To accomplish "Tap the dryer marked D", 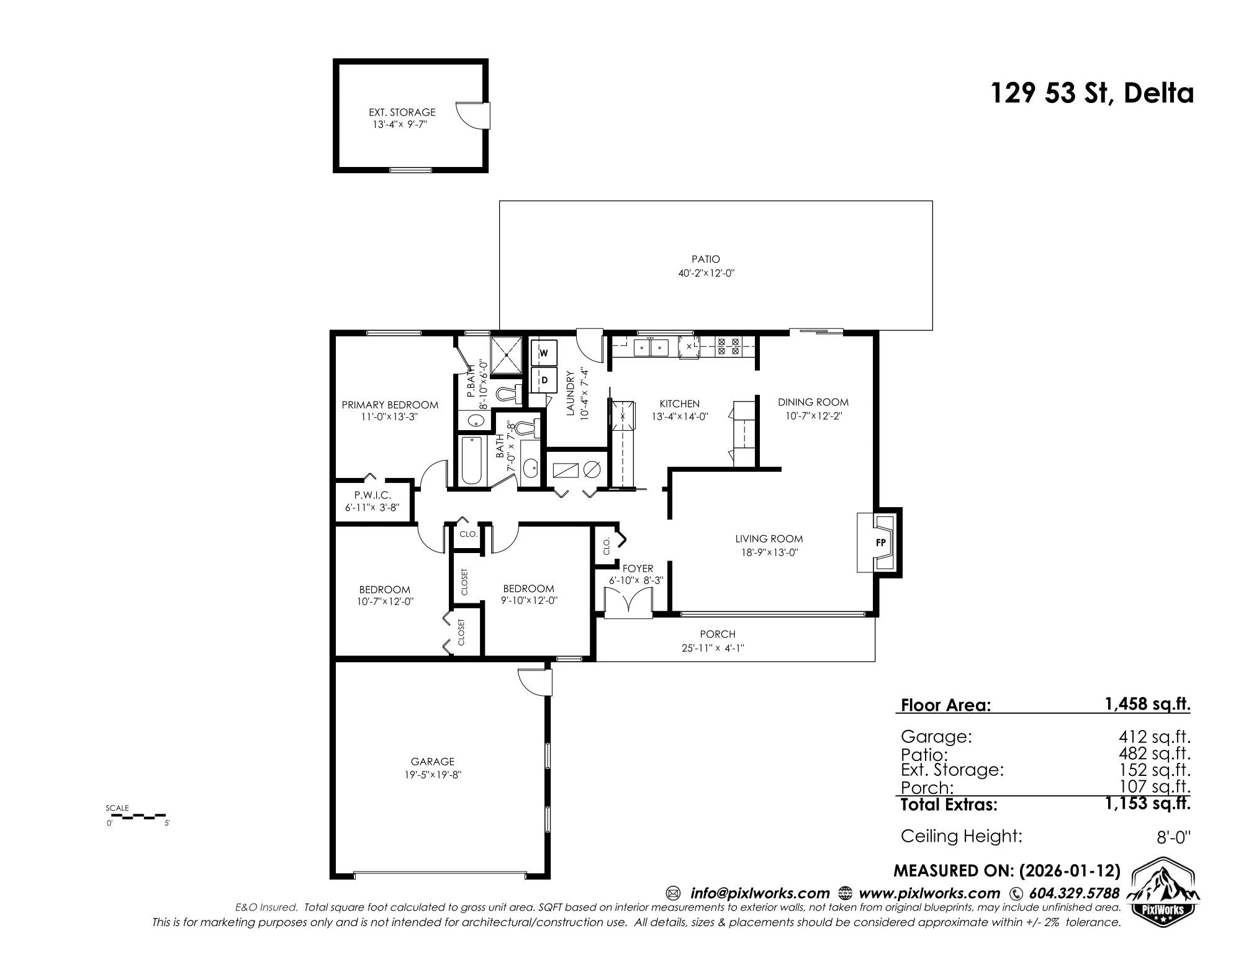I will point(544,379).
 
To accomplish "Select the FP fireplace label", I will point(880,542).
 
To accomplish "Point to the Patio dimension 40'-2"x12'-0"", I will point(706,273).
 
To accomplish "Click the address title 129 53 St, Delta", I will point(1091,94).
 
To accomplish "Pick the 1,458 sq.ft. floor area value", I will point(1147,704).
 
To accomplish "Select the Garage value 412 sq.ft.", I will point(1154,737).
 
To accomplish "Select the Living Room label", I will point(769,539).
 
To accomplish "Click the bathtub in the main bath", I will point(471,461).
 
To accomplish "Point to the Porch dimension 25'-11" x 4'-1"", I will point(712,648).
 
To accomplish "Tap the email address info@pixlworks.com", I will point(759,893).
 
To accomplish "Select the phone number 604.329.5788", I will point(1074,893).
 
